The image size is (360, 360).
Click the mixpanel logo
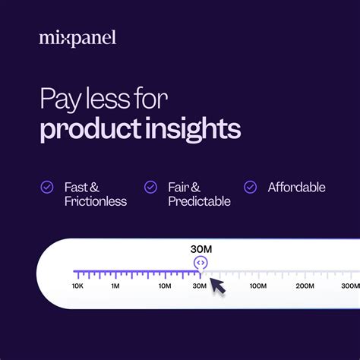77,37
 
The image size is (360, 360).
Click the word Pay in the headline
59,100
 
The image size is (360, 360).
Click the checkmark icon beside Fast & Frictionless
47,187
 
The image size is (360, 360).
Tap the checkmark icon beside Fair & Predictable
151,187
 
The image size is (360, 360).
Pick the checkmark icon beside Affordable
250,187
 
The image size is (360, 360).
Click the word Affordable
296,187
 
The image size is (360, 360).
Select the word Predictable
200,201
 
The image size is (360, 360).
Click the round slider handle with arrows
201,263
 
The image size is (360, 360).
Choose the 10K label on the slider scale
77,286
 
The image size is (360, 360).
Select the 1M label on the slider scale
115,286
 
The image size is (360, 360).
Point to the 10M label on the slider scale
165,286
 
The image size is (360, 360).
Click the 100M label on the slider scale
257,286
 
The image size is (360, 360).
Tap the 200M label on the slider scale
305,286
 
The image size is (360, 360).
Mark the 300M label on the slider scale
349,286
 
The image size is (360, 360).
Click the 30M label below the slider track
199,286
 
